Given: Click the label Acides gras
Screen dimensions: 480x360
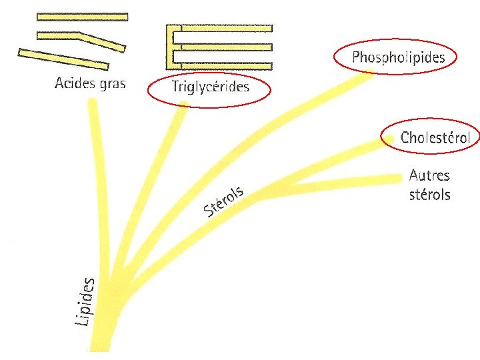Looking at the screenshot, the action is [x=90, y=84].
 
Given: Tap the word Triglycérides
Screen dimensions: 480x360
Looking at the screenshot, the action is [x=210, y=87].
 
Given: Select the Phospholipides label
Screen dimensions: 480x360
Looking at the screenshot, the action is [x=398, y=57].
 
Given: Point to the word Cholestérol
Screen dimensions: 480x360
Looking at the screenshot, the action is [x=435, y=138].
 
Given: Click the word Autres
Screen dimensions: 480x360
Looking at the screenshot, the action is [x=429, y=176].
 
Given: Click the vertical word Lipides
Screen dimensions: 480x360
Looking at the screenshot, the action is [x=85, y=301].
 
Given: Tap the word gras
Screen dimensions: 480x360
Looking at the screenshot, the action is [x=111, y=85].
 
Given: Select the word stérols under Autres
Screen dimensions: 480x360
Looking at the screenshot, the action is [x=429, y=195].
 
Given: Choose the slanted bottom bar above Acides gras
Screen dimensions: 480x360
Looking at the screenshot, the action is [x=63, y=59].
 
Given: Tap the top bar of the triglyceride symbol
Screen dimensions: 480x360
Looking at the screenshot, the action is [x=223, y=28].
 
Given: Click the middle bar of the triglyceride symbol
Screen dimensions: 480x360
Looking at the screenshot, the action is [x=223, y=47].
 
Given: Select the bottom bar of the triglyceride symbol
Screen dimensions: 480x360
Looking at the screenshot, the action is [x=223, y=65].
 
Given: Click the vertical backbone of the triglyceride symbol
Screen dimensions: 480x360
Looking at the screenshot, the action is [x=169, y=47].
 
